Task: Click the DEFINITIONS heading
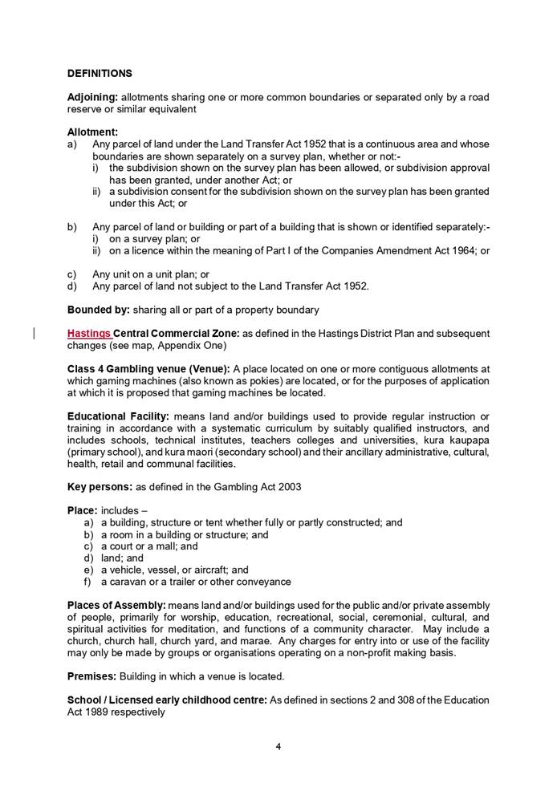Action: (100, 74)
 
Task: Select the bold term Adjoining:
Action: (92, 98)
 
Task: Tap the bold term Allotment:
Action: (92, 132)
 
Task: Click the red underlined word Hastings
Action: (89, 333)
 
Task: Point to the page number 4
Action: (278, 746)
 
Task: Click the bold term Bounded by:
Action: (98, 310)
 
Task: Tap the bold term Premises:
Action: (95, 676)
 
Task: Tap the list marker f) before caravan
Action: (88, 582)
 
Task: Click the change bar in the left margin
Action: (35, 333)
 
